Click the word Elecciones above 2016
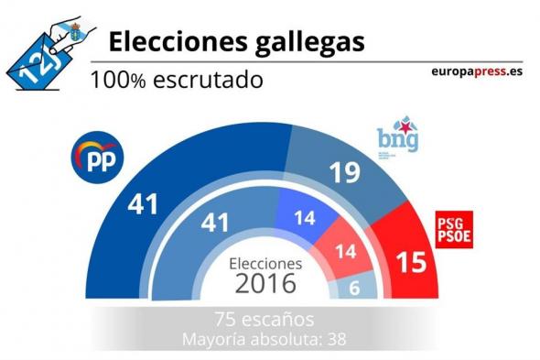pos(266,262)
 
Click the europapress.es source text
pos(479,73)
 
